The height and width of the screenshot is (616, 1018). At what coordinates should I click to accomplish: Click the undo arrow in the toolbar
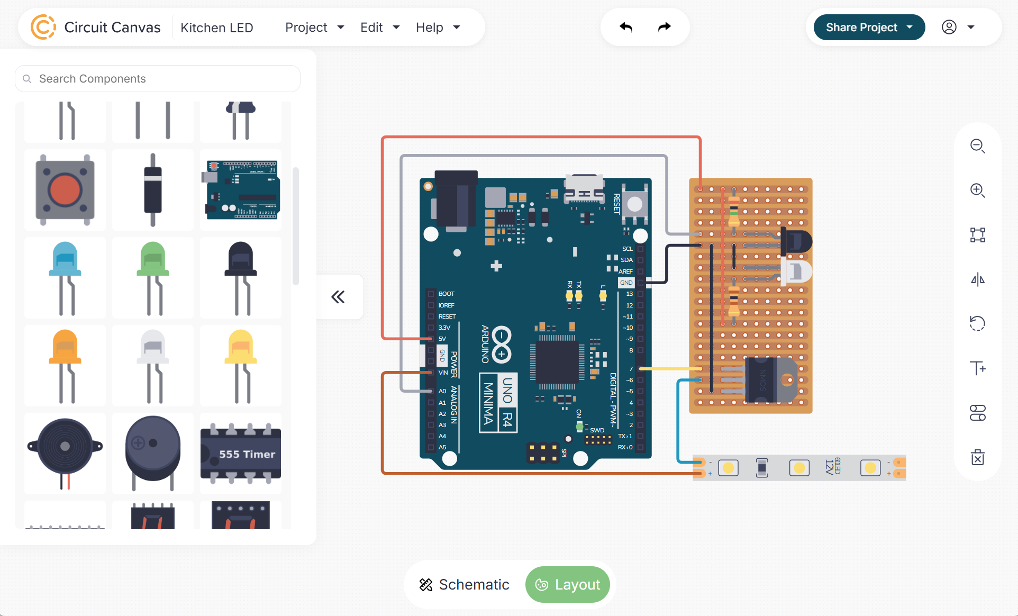click(x=626, y=27)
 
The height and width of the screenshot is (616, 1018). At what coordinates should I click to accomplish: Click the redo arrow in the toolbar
click(x=664, y=27)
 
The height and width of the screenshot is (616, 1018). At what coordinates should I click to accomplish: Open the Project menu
click(x=314, y=28)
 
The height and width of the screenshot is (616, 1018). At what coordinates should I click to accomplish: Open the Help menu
click(x=437, y=28)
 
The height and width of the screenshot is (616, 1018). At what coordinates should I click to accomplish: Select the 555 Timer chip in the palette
click(x=241, y=454)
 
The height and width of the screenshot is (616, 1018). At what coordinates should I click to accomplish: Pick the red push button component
click(x=65, y=190)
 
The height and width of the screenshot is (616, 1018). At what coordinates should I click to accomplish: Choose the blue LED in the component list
click(x=65, y=278)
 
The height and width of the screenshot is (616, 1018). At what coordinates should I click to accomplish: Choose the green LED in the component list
click(x=153, y=278)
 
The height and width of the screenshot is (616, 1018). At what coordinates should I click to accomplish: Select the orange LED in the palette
click(x=65, y=365)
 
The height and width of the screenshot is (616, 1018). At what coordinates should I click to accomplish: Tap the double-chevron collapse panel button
click(x=338, y=297)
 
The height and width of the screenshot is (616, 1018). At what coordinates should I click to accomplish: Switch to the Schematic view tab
click(x=464, y=585)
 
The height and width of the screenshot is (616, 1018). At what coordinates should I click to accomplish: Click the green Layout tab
click(x=568, y=585)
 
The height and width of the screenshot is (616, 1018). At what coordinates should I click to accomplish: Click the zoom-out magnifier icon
click(x=977, y=146)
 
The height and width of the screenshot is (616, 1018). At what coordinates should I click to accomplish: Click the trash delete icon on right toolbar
click(x=977, y=457)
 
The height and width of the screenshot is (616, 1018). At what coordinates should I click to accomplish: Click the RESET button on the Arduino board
click(x=634, y=204)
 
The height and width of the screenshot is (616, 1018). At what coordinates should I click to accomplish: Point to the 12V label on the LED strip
click(x=830, y=467)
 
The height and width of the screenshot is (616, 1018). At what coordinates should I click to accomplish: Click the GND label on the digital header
click(x=626, y=283)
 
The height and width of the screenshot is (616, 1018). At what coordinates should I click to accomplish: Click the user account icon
click(x=949, y=28)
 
